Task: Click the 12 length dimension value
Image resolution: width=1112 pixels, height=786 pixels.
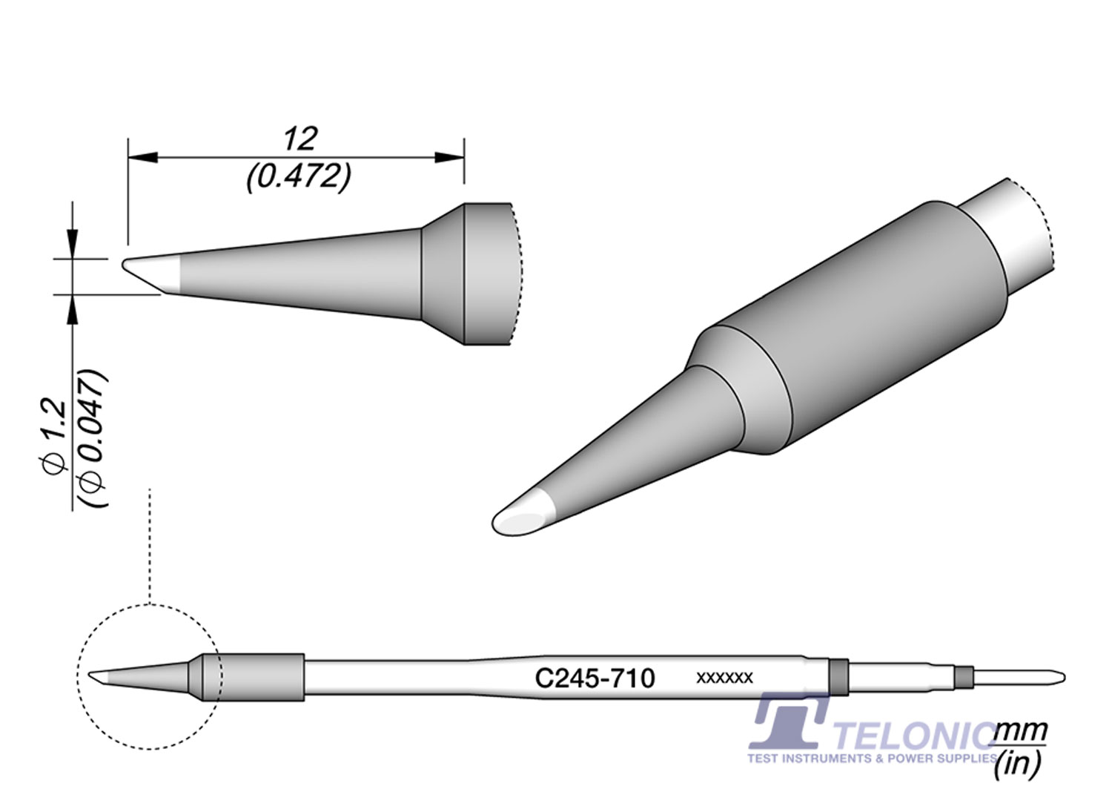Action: [299, 139]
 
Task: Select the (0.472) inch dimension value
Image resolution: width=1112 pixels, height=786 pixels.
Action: [299, 176]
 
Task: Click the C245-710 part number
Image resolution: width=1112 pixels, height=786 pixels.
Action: [595, 678]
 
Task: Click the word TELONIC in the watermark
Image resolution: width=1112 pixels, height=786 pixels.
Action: [916, 737]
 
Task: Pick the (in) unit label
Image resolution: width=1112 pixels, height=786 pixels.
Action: [1019, 764]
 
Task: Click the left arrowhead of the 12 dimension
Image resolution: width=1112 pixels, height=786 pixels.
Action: [143, 157]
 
